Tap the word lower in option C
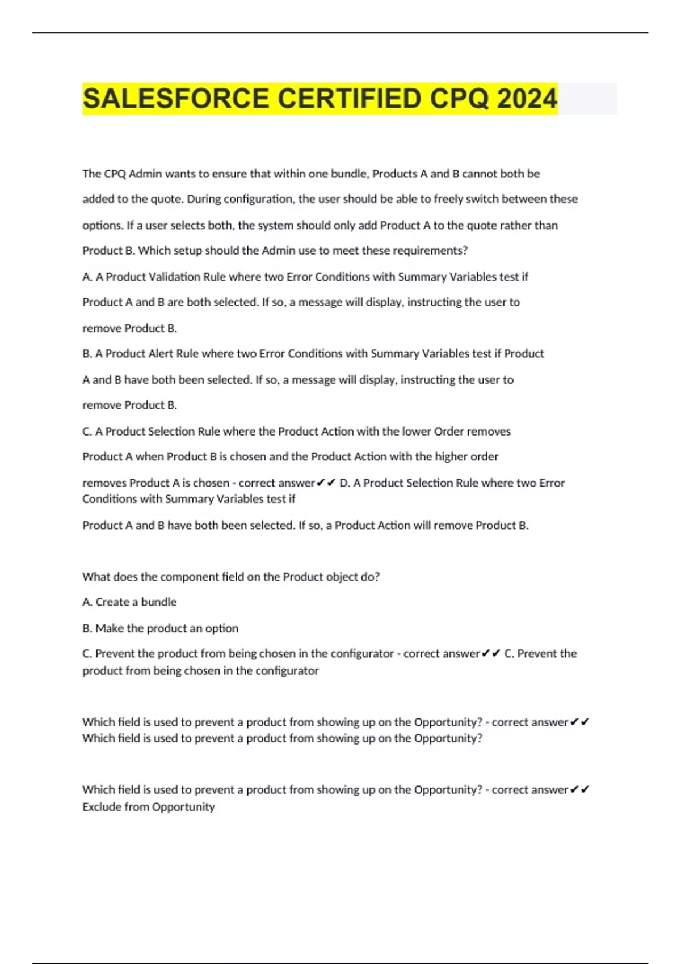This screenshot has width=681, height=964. (417, 432)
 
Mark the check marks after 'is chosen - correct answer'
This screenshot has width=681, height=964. (326, 483)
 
